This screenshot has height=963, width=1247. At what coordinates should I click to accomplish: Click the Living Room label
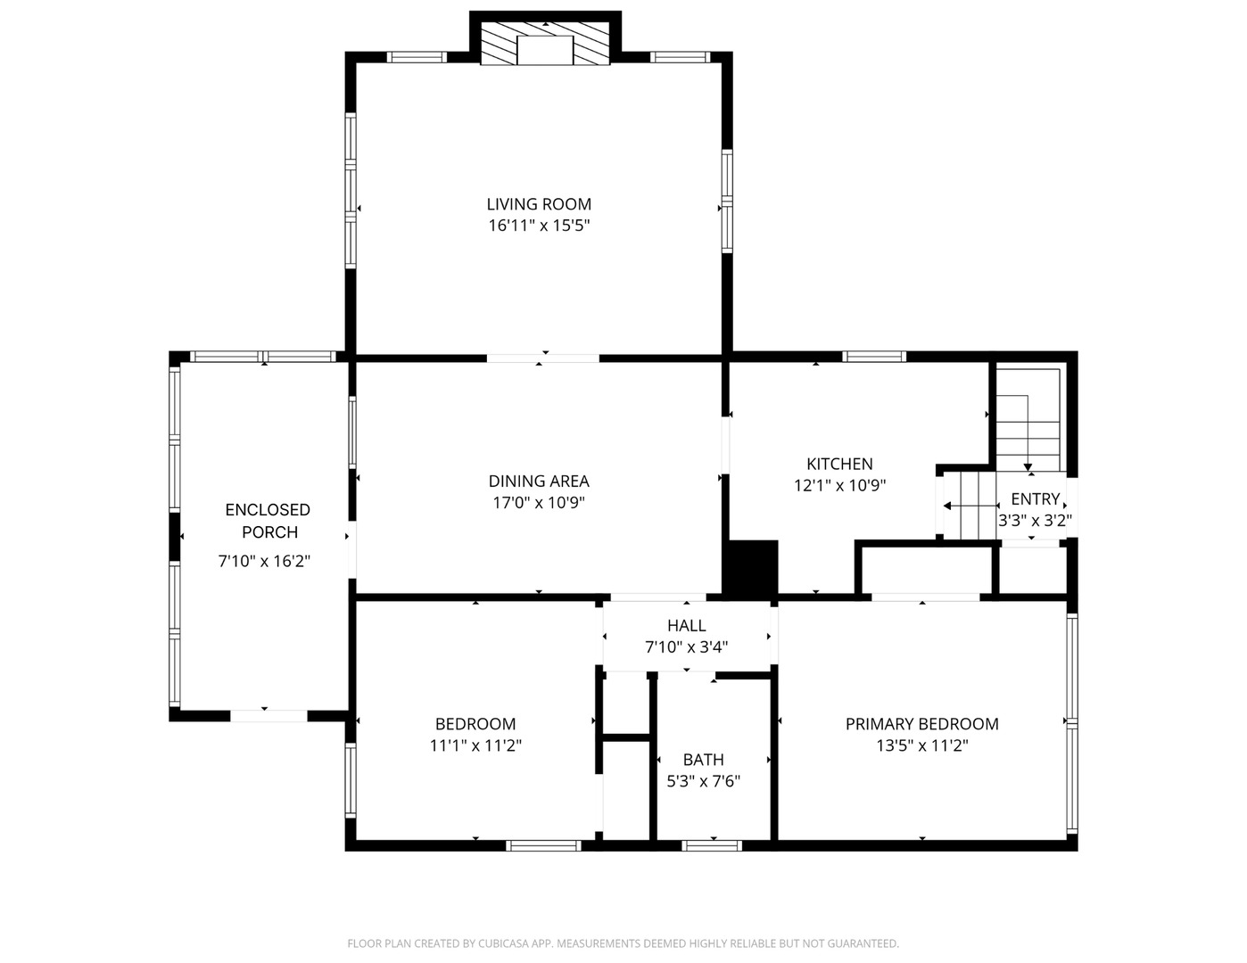(x=538, y=204)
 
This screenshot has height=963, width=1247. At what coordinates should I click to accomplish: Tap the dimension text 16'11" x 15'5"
(x=539, y=226)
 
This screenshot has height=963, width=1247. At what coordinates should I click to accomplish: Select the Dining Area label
(x=539, y=481)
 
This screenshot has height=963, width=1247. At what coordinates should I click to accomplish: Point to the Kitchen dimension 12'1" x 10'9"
(x=839, y=486)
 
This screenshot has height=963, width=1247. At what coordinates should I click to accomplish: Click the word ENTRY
(x=1036, y=499)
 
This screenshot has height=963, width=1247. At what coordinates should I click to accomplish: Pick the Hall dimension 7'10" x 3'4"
(x=686, y=647)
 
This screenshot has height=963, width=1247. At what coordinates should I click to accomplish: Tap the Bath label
(x=704, y=760)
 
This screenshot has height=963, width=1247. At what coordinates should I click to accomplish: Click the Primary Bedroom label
(x=922, y=724)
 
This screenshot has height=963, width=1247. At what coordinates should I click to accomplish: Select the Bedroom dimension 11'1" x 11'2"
(x=475, y=746)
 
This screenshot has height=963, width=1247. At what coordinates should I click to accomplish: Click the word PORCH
(x=269, y=533)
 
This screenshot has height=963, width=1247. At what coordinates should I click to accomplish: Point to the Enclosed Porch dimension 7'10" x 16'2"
(x=264, y=562)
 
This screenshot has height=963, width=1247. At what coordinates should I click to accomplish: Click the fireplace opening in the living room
(x=545, y=50)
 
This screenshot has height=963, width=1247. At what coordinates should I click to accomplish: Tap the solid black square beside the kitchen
(x=750, y=570)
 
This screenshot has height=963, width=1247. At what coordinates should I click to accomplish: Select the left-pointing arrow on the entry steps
(x=971, y=506)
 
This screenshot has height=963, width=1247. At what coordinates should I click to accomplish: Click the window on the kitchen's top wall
(x=874, y=357)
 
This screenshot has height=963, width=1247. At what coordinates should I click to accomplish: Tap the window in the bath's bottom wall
(x=712, y=845)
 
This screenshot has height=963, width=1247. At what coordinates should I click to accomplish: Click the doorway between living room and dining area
(x=543, y=358)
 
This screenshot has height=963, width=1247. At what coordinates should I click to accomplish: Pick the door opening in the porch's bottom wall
(x=269, y=716)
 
